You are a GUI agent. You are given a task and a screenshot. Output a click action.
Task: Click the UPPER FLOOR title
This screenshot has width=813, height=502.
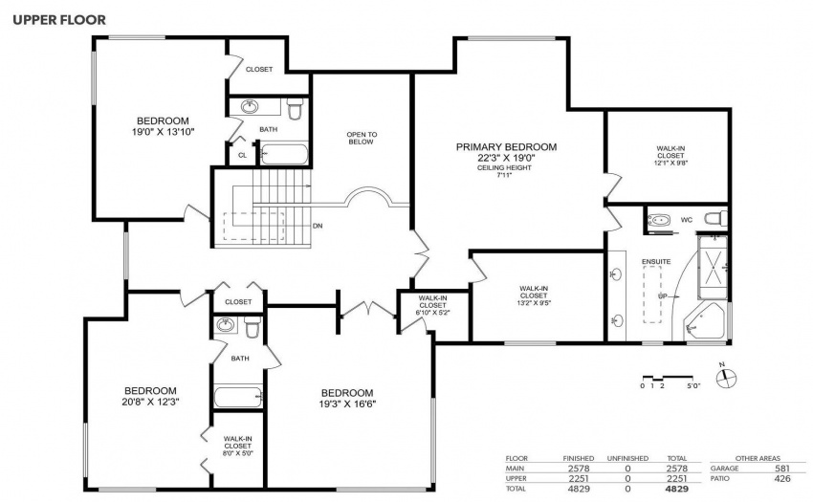pyautogui.click(x=59, y=20)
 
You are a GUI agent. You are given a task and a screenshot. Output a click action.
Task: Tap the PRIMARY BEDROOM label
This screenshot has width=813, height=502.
pyautogui.click(x=506, y=147)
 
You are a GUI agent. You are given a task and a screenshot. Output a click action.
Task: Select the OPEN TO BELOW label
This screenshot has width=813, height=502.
pyautogui.click(x=362, y=138)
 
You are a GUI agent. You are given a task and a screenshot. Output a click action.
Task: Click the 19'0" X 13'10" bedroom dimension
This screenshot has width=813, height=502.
pyautogui.click(x=163, y=132)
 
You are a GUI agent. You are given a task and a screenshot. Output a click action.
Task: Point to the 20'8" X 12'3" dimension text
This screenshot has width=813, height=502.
pyautogui.click(x=150, y=402)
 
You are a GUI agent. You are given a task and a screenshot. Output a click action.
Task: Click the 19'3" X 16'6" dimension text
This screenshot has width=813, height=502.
pyautogui.click(x=347, y=404)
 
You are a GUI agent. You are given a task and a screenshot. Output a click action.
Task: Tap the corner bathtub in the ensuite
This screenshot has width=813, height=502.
pyautogui.click(x=705, y=322)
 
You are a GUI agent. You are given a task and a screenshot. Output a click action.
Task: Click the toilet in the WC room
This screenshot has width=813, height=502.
pyautogui.click(x=716, y=219)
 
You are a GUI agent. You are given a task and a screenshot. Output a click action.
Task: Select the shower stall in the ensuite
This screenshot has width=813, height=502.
pyautogui.click(x=713, y=267)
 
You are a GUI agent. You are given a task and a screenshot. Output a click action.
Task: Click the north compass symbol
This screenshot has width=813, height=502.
pyautogui.click(x=726, y=377)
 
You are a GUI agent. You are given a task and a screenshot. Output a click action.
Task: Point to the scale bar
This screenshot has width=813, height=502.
pyautogui.click(x=668, y=378)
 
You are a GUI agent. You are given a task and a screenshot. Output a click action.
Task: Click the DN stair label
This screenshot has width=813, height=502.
pyautogui.click(x=318, y=226)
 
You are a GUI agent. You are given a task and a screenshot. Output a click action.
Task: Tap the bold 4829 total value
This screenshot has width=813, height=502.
pyautogui.click(x=677, y=489)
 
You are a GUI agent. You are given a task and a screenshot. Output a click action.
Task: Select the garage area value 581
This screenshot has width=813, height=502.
pyautogui.click(x=782, y=469)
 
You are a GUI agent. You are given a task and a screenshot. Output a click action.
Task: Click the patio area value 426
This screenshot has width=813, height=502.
pyautogui.click(x=782, y=479)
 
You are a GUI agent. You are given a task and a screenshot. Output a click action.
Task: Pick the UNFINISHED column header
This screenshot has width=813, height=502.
pyautogui.click(x=627, y=458)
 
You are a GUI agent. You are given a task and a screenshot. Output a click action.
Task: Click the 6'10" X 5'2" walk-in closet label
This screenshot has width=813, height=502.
pyautogui.click(x=433, y=305)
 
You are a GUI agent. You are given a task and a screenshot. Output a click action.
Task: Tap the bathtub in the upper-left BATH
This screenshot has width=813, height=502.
pyautogui.click(x=284, y=155)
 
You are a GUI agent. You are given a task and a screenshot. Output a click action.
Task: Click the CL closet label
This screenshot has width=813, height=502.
pyautogui.click(x=243, y=155)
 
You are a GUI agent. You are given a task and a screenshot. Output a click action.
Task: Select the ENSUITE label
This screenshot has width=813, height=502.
pyautogui.click(x=656, y=261)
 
